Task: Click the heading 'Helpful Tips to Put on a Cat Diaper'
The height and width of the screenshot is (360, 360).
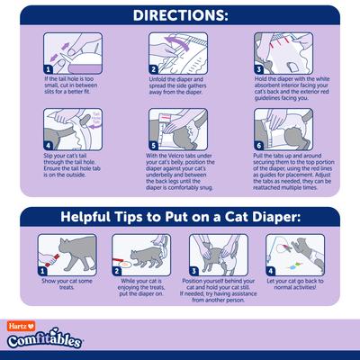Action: pyautogui.click(x=180, y=216)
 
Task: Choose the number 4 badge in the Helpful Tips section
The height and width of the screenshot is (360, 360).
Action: pyautogui.click(x=272, y=267)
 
